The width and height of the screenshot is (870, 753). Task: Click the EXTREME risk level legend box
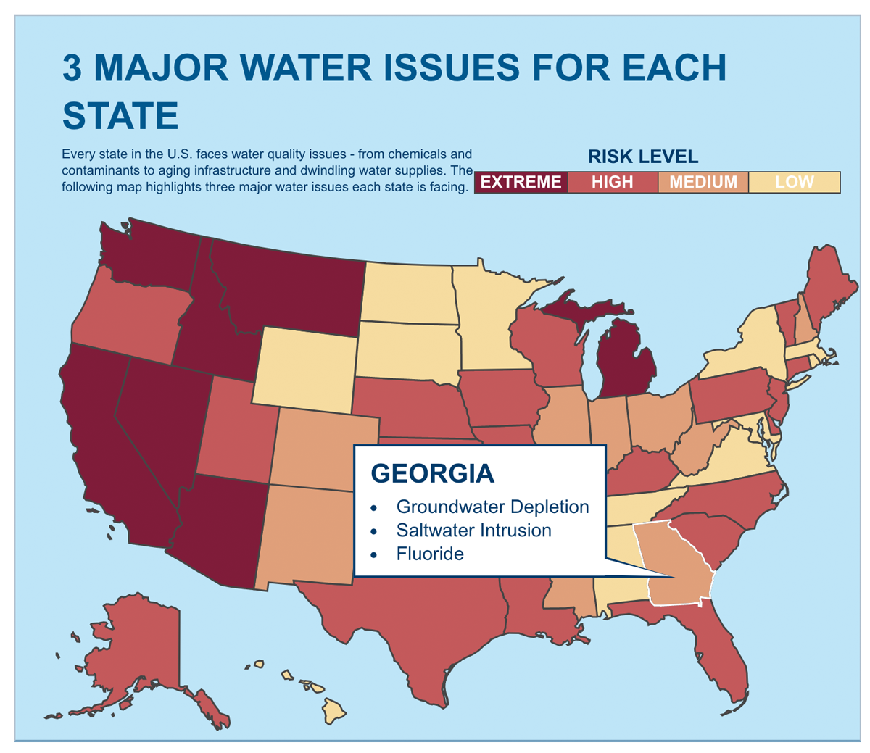[x=521, y=182]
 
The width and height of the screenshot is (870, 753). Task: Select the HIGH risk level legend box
[x=613, y=182]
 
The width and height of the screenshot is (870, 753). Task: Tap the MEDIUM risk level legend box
[x=703, y=182]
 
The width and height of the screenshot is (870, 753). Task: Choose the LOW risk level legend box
[x=794, y=182]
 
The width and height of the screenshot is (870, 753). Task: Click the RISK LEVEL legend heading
[x=642, y=157]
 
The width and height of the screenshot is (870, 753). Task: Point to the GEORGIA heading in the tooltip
[x=433, y=474]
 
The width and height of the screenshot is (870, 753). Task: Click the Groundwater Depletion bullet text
[x=492, y=507]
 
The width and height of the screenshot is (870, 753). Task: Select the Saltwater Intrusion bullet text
[x=473, y=531]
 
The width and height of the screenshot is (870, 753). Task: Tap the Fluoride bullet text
[x=430, y=554]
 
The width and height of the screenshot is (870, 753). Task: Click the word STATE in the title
[x=120, y=115]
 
